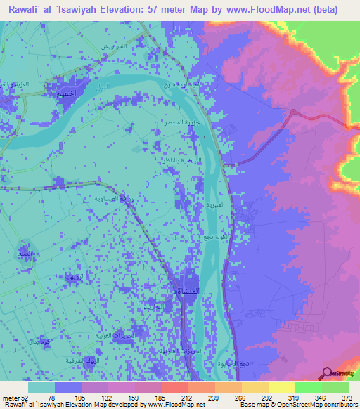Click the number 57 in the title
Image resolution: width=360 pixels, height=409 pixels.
[160, 10]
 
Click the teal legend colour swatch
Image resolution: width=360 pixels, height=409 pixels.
[42, 387]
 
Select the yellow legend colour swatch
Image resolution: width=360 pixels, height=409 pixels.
[281, 387]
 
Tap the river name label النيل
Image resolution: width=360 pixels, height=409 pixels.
[103, 86]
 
